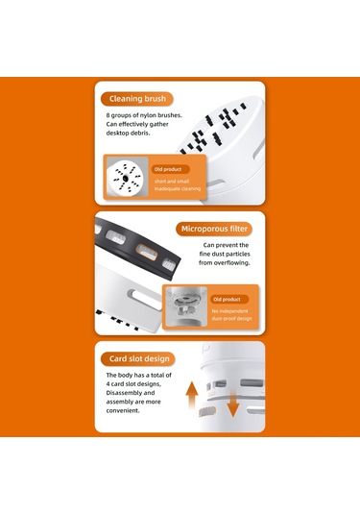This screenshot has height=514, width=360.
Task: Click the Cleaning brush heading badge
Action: click(136, 99)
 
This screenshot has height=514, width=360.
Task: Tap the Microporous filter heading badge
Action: click(214, 229)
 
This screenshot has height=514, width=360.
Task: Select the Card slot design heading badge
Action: click(138, 358)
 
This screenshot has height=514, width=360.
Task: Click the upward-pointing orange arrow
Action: click(192, 395)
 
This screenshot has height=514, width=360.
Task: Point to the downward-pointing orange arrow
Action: click(233, 404)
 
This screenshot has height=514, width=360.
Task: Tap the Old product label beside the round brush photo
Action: click(170, 169)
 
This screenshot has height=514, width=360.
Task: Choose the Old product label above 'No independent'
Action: click(229, 300)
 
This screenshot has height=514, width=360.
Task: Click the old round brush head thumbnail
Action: click(126, 177)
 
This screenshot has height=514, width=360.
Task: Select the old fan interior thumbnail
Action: click(186, 306)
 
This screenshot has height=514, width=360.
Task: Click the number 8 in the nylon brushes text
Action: click(108, 115)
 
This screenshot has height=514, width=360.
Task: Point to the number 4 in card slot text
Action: click(108, 384)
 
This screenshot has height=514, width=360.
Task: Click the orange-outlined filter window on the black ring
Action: click(147, 252)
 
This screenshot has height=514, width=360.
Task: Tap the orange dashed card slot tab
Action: click(207, 411)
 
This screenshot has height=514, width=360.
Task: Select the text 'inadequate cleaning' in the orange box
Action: click(178, 189)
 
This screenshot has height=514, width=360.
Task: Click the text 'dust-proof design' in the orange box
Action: click(231, 319)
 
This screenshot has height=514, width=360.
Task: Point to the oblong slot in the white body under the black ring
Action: click(143, 297)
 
